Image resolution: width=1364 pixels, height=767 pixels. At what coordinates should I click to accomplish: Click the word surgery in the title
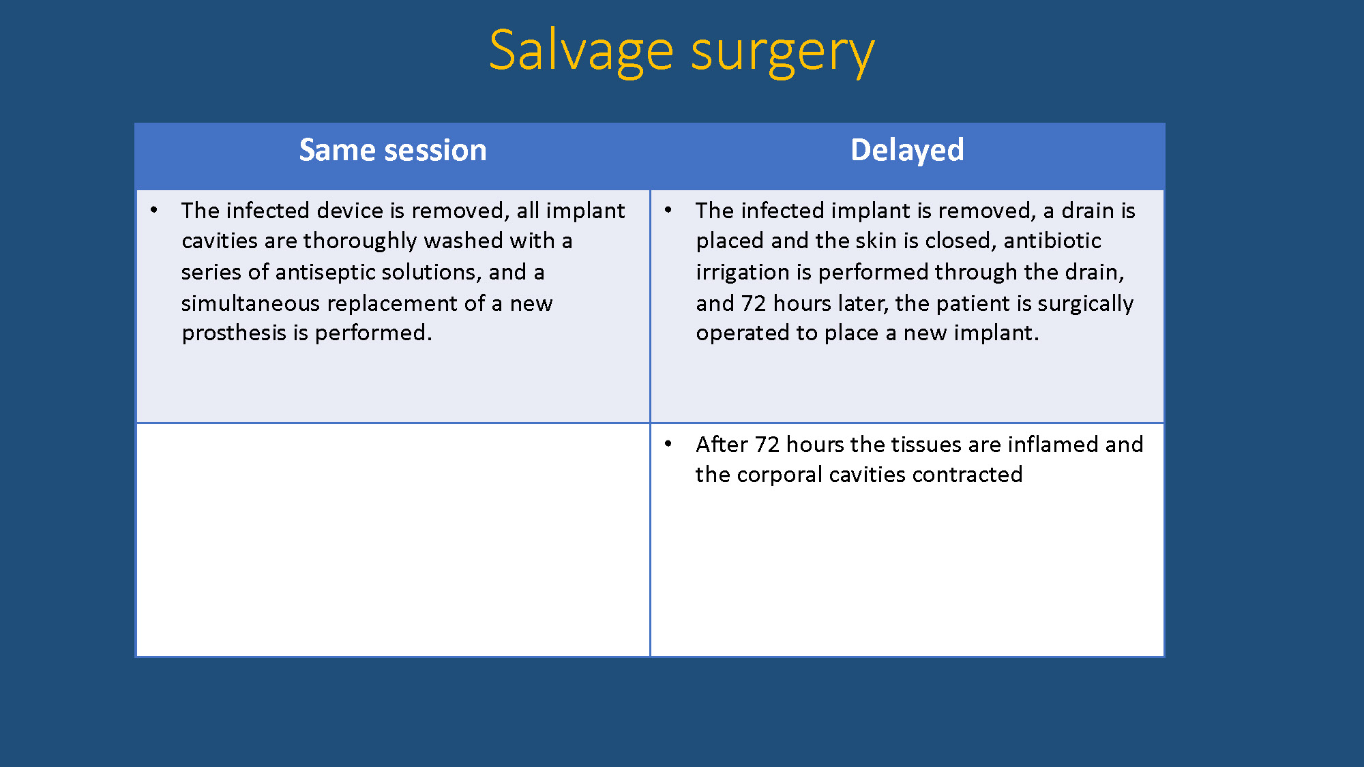tap(782, 53)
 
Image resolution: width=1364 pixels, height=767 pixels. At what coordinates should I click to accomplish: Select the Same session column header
tap(393, 150)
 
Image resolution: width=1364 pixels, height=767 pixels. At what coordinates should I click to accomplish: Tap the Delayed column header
tap(907, 151)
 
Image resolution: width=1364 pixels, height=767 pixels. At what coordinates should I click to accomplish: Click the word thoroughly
tap(360, 241)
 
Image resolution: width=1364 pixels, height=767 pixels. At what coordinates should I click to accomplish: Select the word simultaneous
tap(250, 303)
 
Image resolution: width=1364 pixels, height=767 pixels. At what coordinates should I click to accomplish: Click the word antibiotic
tap(1052, 241)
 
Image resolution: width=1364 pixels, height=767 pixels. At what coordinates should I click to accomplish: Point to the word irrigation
tap(742, 272)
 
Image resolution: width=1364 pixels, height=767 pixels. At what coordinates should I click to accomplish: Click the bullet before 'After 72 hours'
tap(668, 444)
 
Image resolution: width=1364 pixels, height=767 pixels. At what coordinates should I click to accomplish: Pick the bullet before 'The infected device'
tap(154, 210)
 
